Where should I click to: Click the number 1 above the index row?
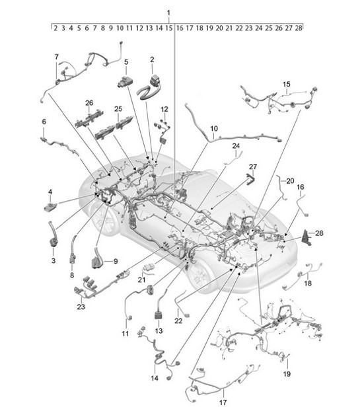click(x=168, y=13)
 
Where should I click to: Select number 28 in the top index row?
click(x=299, y=28)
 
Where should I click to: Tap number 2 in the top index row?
click(x=55, y=28)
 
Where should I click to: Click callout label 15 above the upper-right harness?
click(x=287, y=84)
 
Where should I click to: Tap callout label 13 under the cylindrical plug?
click(x=159, y=330)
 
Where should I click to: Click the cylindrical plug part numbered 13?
click(x=159, y=313)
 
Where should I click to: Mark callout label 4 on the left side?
click(x=50, y=192)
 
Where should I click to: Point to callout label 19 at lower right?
click(x=287, y=373)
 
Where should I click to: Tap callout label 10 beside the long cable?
click(x=213, y=128)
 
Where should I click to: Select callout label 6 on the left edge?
click(x=44, y=122)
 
